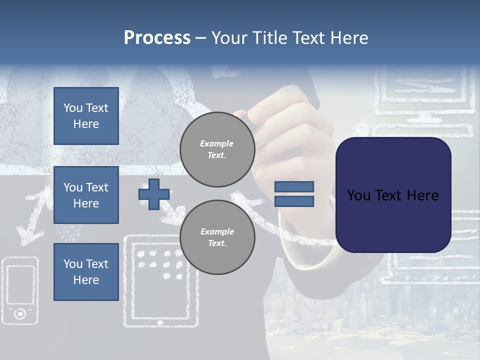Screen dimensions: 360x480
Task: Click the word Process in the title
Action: click(157, 38)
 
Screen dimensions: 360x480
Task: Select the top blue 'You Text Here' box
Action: click(86, 116)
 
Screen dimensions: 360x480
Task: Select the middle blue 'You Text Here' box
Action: click(86, 195)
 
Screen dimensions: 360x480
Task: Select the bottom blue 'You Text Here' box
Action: click(86, 272)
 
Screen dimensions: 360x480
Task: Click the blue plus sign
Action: click(153, 194)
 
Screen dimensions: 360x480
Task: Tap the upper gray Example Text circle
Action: click(217, 149)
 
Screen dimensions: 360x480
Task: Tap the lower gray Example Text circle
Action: click(217, 237)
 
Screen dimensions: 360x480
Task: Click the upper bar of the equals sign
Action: click(294, 186)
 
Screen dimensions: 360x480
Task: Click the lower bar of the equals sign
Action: click(294, 201)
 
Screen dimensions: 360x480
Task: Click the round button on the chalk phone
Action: click(20, 313)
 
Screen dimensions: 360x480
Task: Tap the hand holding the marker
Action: click(280, 120)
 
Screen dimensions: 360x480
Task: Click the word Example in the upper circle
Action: click(217, 144)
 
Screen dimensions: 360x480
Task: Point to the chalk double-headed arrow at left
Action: click(31, 215)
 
